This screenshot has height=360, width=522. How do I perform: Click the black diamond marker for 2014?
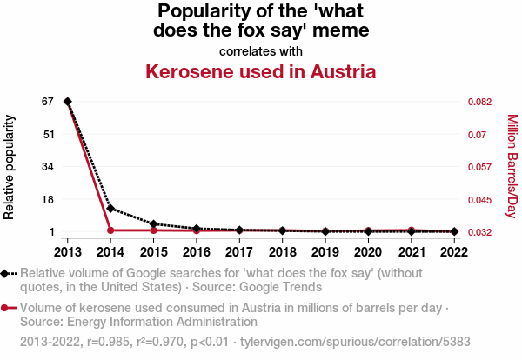pyautogui.click(x=110, y=209)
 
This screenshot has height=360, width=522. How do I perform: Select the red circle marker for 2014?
pyautogui.click(x=110, y=230)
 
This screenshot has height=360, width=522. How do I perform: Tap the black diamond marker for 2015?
pyautogui.click(x=153, y=224)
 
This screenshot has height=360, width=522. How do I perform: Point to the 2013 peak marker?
pyautogui.click(x=68, y=102)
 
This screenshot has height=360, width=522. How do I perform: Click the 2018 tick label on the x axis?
pyautogui.click(x=282, y=252)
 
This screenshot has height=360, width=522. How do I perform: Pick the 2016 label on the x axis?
pyautogui.click(x=197, y=252)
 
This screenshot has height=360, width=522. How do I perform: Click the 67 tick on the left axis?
pyautogui.click(x=48, y=102)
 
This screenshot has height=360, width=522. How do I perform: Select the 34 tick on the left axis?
pyautogui.click(x=48, y=167)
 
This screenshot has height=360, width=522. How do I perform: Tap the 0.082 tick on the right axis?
pyautogui.click(x=481, y=102)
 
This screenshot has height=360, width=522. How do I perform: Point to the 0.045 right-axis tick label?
pyautogui.click(x=481, y=200)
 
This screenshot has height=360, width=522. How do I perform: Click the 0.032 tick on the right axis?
pyautogui.click(x=481, y=232)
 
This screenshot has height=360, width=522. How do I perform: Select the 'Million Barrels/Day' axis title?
pyautogui.click(x=512, y=166)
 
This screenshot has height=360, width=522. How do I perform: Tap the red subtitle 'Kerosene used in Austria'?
pyautogui.click(x=260, y=71)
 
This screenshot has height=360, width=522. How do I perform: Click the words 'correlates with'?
pyautogui.click(x=260, y=50)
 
